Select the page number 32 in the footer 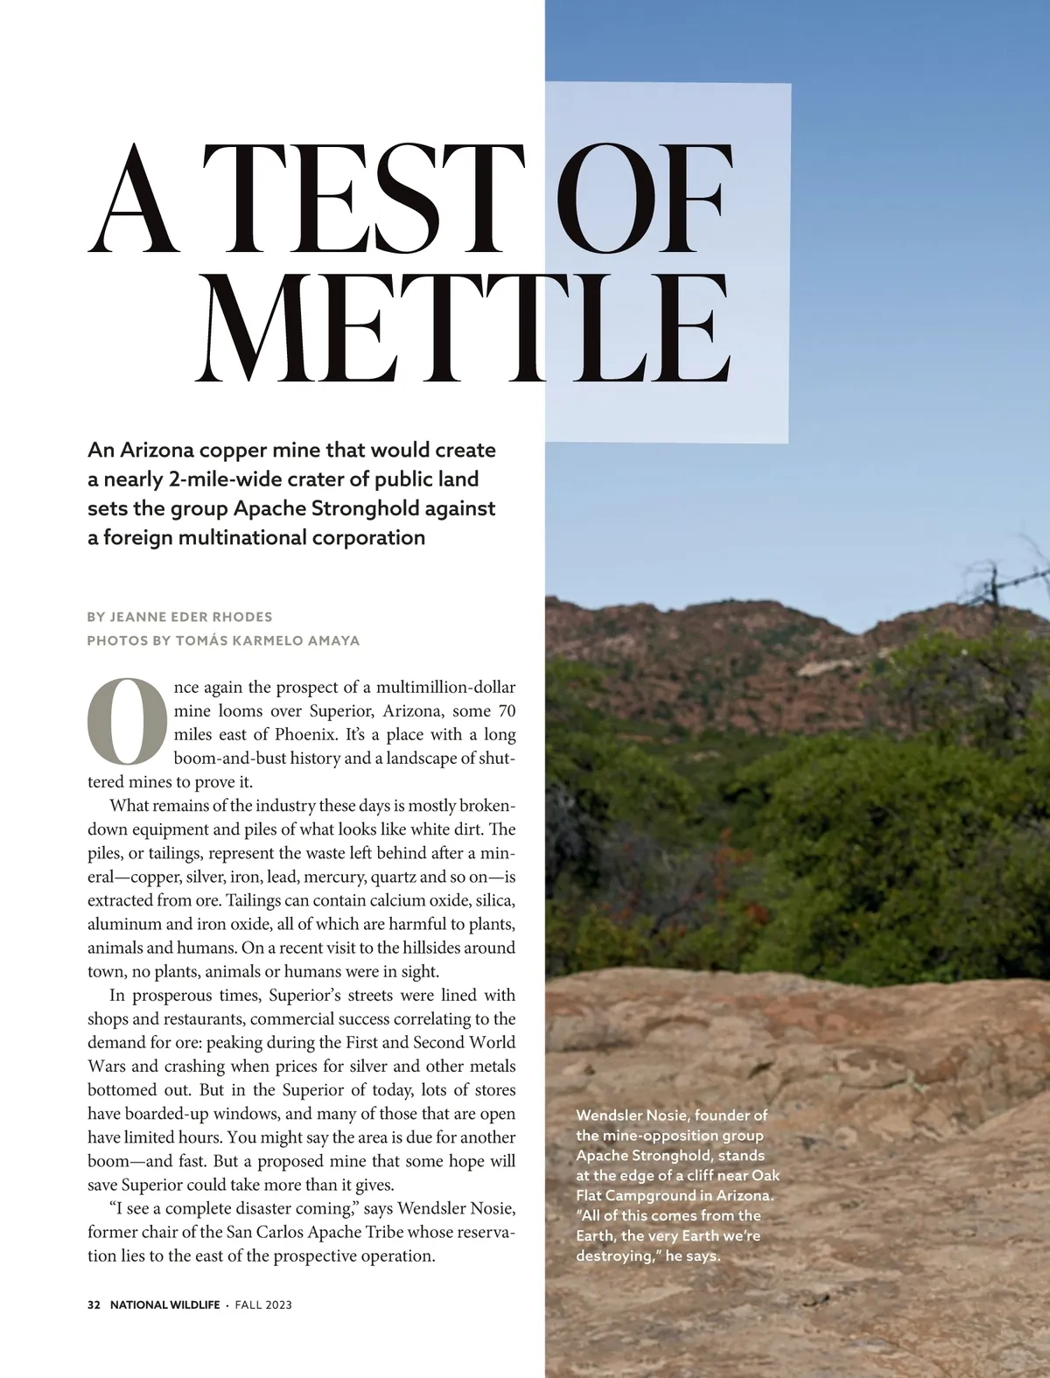(94, 1305)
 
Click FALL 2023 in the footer (263, 1305)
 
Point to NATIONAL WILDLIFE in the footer (164, 1305)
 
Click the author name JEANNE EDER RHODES (192, 617)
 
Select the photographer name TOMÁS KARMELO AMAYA (268, 640)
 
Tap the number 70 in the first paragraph (506, 710)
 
